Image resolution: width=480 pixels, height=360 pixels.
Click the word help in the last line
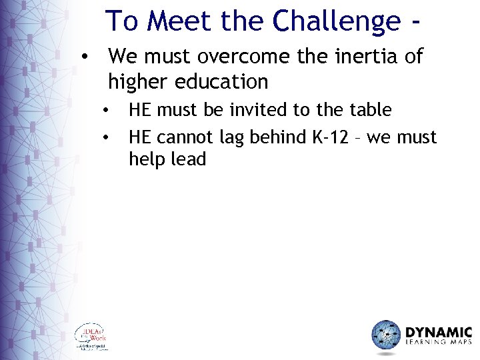coord(147,160)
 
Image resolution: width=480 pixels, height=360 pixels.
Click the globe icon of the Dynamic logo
coord(385,335)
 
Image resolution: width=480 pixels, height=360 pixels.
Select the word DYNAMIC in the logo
coord(439,331)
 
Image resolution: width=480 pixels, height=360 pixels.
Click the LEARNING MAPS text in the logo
coord(439,343)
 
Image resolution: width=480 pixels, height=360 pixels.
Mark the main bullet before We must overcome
coord(84,57)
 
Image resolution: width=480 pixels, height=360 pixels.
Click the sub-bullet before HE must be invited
coord(106,110)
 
